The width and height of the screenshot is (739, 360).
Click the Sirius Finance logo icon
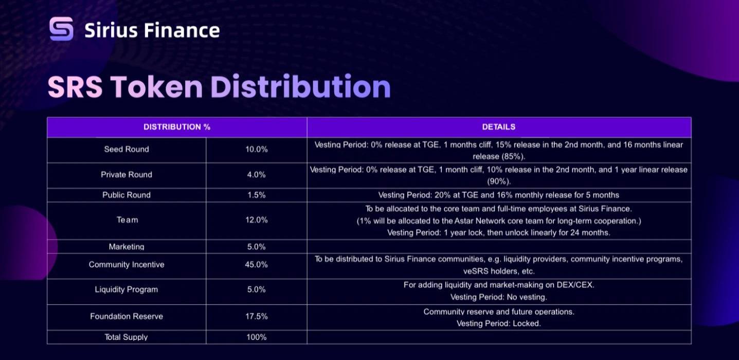click(x=61, y=29)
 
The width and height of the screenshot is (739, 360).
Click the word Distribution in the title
click(x=300, y=87)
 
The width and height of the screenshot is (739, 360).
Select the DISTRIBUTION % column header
click(x=177, y=127)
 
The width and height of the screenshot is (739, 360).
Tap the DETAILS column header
click(x=498, y=127)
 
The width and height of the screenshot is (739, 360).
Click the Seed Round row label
click(x=127, y=149)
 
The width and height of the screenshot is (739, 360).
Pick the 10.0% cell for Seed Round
click(x=257, y=149)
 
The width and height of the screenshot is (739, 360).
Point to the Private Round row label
click(x=127, y=175)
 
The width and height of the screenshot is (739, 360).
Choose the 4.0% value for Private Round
click(x=257, y=175)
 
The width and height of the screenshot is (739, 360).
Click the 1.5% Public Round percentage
click(x=257, y=195)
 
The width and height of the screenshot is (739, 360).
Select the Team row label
click(x=127, y=220)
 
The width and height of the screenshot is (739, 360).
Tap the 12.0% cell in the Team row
click(x=257, y=220)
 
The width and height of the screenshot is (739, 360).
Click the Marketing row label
click(x=127, y=247)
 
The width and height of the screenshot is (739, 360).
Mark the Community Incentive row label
click(x=127, y=265)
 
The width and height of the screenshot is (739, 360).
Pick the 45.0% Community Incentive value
click(x=257, y=265)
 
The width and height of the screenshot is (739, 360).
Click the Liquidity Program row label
click(x=127, y=290)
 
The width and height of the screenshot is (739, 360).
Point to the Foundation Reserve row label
click(x=127, y=317)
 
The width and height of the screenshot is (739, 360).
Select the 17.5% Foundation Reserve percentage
click(x=257, y=317)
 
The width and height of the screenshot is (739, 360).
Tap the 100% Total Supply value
click(x=257, y=337)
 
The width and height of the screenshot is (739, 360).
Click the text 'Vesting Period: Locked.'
click(x=498, y=324)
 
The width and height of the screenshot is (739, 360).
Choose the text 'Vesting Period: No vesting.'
click(x=498, y=297)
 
